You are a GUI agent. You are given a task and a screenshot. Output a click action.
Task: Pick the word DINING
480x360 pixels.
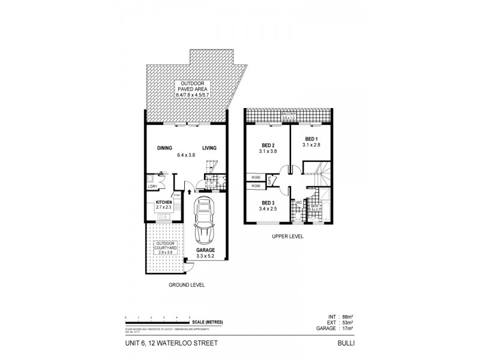(165, 148)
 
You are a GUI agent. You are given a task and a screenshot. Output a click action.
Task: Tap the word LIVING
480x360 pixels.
(209, 148)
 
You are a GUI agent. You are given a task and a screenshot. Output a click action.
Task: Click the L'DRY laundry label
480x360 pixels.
(152, 187)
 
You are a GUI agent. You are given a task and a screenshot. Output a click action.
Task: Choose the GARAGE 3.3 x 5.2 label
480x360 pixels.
(206, 253)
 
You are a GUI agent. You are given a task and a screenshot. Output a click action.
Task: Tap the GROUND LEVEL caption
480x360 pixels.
(187, 285)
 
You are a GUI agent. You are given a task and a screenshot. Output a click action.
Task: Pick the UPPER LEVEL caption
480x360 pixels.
(288, 236)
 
